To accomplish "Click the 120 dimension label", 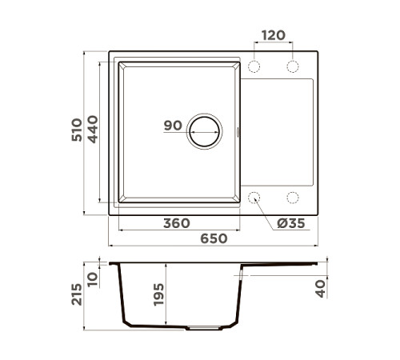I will pos(274,36).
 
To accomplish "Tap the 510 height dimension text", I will pos(77,130).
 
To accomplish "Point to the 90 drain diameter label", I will pos(173,126).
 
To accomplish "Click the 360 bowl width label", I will pos(176,223).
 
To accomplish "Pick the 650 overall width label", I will pos(213,238).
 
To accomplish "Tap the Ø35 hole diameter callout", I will pos(290,223).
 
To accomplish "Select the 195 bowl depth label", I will pos(158,294).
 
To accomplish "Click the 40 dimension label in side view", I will pos(322,288).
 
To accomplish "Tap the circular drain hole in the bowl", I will pos(205,130).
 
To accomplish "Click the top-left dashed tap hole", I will pos(255,66).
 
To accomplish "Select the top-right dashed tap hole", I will pos(292,66).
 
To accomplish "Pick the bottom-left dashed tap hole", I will pos(255,197).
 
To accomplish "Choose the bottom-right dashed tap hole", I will pos(292,197).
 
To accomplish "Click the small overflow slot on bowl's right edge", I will pos(239,130).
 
